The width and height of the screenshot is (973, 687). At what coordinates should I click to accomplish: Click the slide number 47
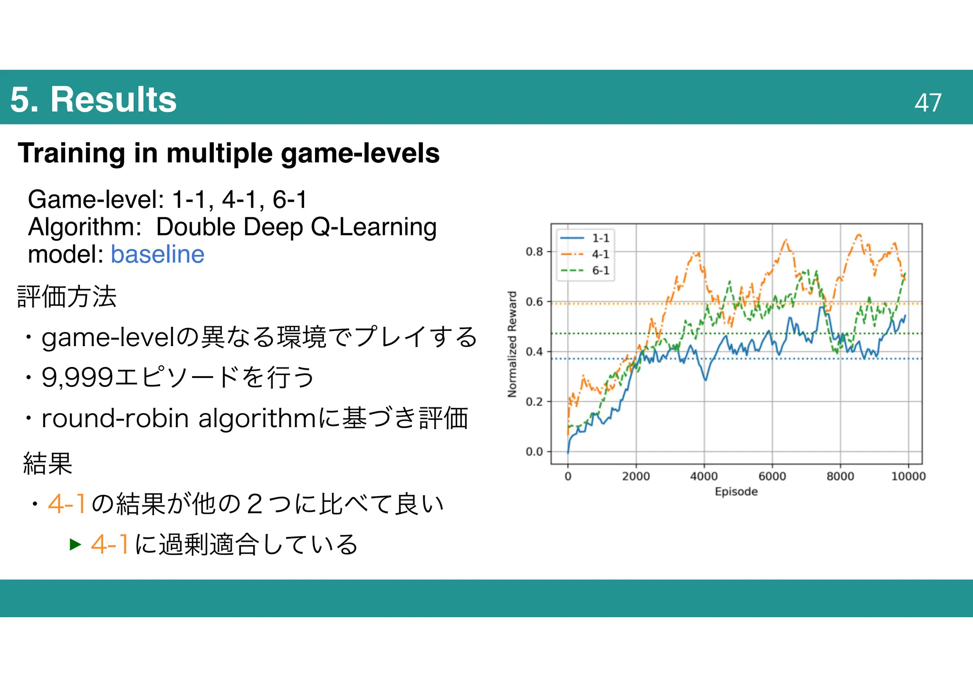click(x=927, y=103)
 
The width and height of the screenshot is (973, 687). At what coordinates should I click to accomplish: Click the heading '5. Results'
click(x=93, y=100)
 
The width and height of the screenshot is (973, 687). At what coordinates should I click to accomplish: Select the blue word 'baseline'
click(x=157, y=254)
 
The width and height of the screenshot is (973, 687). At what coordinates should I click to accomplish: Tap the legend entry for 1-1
click(x=585, y=238)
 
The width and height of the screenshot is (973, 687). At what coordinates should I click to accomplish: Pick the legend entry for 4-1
click(x=585, y=254)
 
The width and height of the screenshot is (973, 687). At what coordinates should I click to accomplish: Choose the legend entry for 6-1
click(x=585, y=271)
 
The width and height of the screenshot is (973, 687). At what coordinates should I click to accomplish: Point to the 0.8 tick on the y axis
click(x=534, y=252)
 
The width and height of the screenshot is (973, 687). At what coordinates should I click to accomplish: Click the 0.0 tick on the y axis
click(x=534, y=452)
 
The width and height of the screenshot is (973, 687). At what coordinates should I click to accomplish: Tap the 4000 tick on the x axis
click(x=704, y=476)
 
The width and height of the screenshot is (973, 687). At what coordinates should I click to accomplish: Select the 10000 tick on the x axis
click(x=908, y=476)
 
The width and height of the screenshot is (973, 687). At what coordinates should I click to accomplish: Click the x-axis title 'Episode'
click(x=736, y=491)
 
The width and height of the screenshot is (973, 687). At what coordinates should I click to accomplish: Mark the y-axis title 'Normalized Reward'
click(x=512, y=344)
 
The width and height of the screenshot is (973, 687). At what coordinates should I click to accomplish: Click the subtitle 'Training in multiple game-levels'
click(x=229, y=153)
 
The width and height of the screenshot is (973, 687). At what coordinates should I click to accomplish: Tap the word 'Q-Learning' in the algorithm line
click(x=373, y=227)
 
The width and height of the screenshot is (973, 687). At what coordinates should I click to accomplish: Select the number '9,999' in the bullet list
click(x=77, y=377)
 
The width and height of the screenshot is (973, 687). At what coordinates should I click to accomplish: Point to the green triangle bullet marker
click(x=76, y=544)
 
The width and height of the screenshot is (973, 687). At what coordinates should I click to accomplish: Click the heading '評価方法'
click(x=67, y=297)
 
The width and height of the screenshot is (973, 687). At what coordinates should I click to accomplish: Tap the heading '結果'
click(x=48, y=463)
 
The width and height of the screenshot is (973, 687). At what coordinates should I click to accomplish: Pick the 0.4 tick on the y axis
click(x=534, y=352)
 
